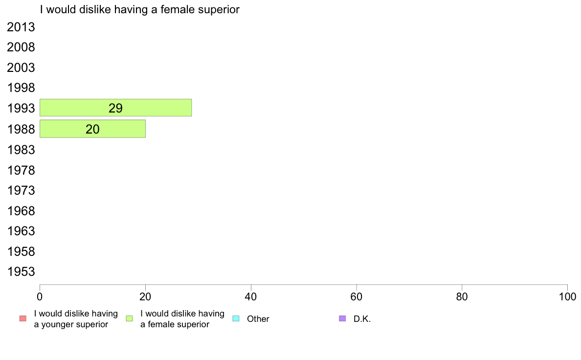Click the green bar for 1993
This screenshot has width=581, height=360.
pos(115,108)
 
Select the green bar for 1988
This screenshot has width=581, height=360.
pos(92,129)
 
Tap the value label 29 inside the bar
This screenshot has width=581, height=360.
pos(115,108)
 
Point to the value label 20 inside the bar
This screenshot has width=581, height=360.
pos(92,129)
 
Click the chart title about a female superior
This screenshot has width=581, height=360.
pos(140,9)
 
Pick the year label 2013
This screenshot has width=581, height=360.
pos(21,27)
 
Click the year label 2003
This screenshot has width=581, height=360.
pos(21,67)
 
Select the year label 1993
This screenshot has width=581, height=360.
pos(21,108)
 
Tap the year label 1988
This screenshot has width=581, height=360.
pos(21,129)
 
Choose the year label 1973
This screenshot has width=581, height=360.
pos(21,190)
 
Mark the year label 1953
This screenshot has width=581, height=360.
pos(21,271)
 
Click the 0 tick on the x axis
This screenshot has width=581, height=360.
pos(40,296)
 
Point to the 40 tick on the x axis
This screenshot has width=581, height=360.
pos(251,296)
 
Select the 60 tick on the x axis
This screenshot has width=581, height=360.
pos(357,296)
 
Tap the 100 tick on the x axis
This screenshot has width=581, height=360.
pos(567,296)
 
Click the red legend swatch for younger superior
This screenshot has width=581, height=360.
pos(23,318)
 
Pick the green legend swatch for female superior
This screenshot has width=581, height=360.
pos(129,318)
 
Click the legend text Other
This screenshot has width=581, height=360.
pos(258,319)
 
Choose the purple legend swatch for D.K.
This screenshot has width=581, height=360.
pos(342,318)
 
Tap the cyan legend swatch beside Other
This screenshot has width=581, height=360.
pos(236,318)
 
